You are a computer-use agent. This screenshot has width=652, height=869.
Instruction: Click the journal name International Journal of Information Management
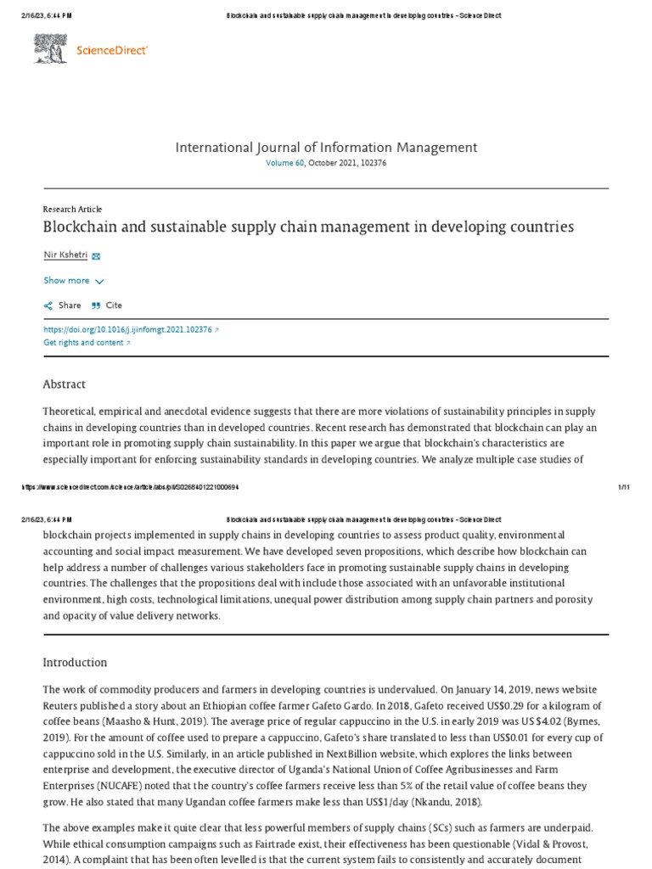pos(326,148)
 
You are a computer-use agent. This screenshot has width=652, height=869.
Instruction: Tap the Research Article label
pos(72,209)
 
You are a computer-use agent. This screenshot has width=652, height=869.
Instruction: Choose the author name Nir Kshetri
pos(65,255)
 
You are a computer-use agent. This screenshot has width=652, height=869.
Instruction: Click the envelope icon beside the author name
pos(96,255)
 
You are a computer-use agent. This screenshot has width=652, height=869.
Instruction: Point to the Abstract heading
pos(65,384)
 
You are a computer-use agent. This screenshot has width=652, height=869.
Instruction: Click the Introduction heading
pos(76,662)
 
